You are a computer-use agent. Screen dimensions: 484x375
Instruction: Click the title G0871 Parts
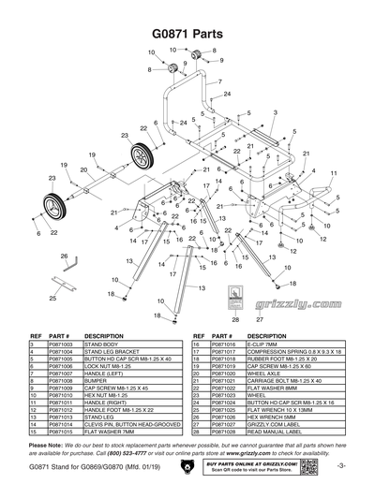(x=187, y=31)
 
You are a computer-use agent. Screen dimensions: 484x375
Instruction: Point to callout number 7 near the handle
(x=218, y=81)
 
